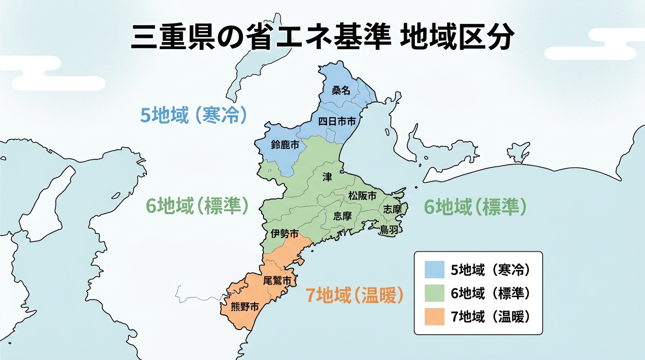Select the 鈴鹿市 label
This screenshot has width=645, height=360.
[285, 145]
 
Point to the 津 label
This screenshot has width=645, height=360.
[327, 177]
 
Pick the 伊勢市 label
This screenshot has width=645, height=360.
[285, 233]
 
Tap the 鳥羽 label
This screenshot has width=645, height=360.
[389, 229]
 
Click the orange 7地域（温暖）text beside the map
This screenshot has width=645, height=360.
[354, 295]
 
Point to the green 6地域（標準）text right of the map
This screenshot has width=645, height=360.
[475, 207]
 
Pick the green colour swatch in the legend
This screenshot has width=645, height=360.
[434, 293]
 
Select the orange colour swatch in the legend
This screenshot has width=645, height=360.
[434, 317]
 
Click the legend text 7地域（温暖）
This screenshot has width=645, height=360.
[490, 317]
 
